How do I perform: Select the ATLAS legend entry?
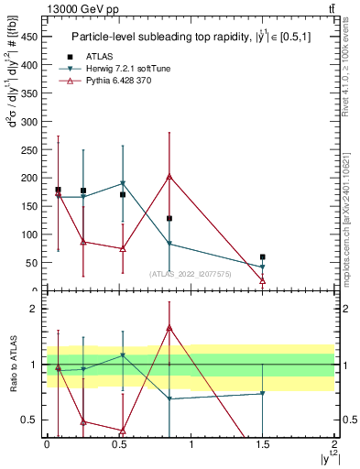point(99,56)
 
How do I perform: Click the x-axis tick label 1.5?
point(263,445)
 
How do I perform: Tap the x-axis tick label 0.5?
point(118,445)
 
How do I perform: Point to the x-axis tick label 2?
point(335,445)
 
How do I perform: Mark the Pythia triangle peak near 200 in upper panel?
point(169,177)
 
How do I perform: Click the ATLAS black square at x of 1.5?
point(263,257)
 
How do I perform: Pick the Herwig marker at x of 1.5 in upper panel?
point(263,267)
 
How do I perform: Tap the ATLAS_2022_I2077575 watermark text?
point(190,273)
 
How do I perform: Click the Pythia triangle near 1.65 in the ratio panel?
point(169,327)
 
